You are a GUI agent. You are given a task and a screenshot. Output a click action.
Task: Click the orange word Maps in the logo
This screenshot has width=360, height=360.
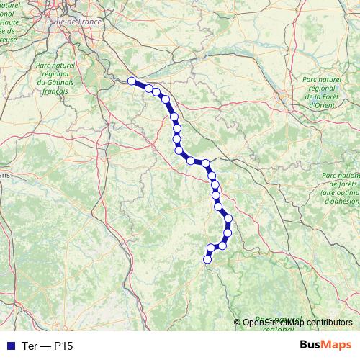click(334, 346)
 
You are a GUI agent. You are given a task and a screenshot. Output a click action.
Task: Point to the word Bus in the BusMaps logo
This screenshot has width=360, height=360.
click(311, 346)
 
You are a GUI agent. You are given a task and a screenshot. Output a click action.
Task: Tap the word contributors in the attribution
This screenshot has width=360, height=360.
click(328, 322)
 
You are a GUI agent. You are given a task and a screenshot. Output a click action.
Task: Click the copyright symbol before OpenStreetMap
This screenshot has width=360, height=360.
click(238, 322)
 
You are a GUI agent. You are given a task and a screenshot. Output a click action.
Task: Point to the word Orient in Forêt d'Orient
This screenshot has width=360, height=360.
click(320, 104)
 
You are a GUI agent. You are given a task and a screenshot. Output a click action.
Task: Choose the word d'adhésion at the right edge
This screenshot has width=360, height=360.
click(341, 201)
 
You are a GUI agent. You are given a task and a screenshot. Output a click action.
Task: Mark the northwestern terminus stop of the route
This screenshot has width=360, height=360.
click(132, 81)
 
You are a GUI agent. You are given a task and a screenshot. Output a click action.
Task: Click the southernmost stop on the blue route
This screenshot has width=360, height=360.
click(207, 259)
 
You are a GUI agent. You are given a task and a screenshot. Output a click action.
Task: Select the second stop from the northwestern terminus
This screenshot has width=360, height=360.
click(149, 89)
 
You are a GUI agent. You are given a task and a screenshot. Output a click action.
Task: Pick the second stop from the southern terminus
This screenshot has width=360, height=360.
click(211, 248)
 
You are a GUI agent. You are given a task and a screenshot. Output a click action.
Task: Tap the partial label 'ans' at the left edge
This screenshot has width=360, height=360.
click(4, 175)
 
